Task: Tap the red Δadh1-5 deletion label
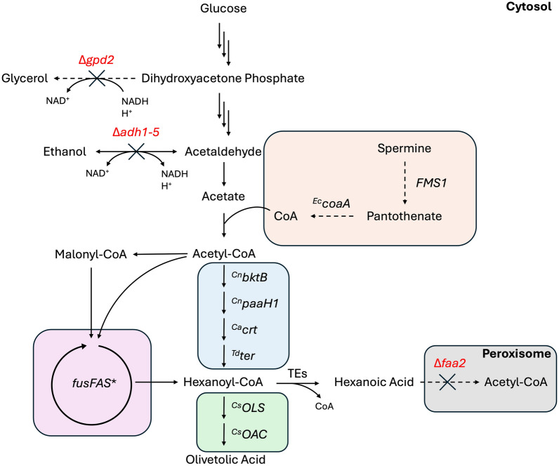coord(136,132)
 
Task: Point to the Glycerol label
coord(24,78)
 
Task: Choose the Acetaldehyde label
coord(223,150)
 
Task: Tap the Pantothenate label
coord(405,216)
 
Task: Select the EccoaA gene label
coord(331,204)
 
